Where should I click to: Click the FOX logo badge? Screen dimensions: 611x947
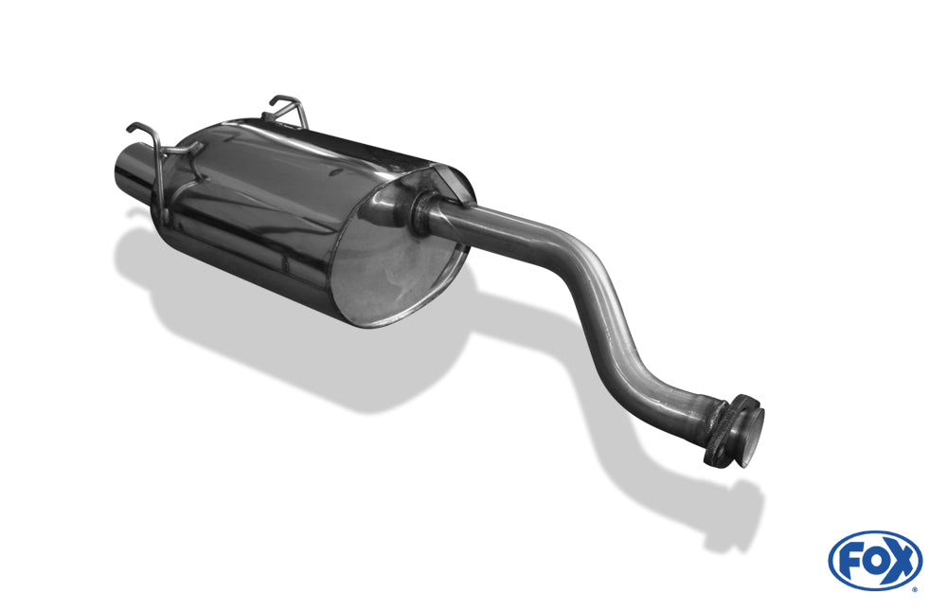[x=875, y=561]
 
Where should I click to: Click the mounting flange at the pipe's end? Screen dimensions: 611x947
[x=727, y=432]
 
